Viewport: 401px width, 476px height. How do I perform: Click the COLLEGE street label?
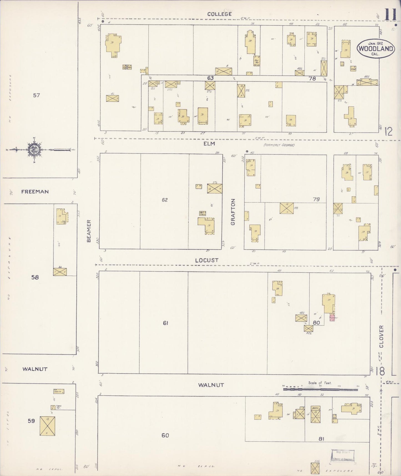click(x=219, y=14)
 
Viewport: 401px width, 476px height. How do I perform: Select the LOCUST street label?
click(x=206, y=260)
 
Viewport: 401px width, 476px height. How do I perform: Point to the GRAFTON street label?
click(x=233, y=212)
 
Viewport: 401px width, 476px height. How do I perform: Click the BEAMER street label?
click(x=89, y=231)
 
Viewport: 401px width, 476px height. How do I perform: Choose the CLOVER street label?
click(x=381, y=337)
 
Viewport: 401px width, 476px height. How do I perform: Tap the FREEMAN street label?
click(x=35, y=192)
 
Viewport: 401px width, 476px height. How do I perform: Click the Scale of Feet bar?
click(x=320, y=389)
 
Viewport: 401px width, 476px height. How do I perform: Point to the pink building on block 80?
click(x=332, y=317)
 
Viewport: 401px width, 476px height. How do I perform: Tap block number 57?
click(x=36, y=96)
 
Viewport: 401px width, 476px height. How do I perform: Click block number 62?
click(x=165, y=200)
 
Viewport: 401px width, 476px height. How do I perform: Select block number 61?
click(x=165, y=323)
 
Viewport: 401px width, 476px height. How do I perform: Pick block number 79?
click(x=316, y=199)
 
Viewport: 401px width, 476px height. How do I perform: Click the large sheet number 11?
click(x=390, y=15)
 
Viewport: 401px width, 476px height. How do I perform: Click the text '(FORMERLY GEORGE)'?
click(x=279, y=145)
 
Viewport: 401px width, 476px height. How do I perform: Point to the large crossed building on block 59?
click(x=47, y=426)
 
